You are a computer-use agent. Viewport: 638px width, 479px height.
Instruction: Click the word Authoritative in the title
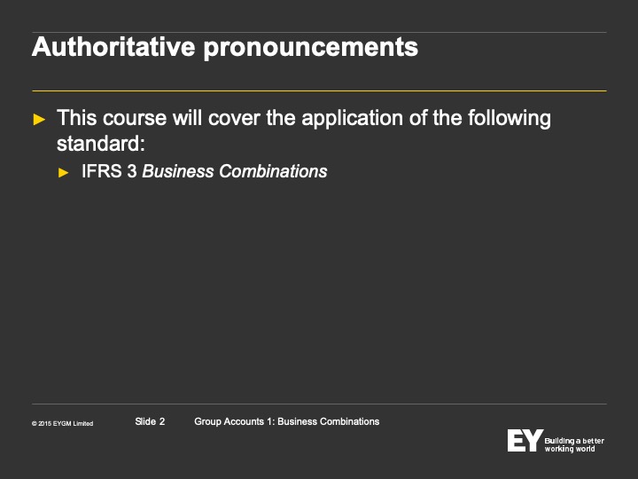[113, 47]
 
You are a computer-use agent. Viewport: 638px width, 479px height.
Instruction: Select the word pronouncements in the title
[311, 49]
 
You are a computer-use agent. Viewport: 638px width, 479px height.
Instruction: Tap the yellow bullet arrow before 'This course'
[39, 120]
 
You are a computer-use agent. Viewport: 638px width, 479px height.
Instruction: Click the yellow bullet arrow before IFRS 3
[64, 173]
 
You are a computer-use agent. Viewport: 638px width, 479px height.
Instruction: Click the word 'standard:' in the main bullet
[101, 144]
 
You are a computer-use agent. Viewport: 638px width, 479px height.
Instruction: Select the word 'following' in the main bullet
[509, 119]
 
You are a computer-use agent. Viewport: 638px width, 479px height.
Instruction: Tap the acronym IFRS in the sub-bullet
[102, 171]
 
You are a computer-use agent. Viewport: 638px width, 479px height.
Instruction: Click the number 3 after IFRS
[132, 171]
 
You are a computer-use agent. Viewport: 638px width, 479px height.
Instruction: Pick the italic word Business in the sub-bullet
[178, 171]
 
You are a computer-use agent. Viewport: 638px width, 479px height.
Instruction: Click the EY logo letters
[525, 440]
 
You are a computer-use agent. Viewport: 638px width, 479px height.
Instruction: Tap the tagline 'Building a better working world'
[574, 444]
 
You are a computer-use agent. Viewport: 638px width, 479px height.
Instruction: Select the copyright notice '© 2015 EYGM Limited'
[62, 424]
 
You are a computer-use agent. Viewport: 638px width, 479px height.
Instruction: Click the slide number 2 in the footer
[162, 421]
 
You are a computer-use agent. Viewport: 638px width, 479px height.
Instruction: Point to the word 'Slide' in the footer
[145, 421]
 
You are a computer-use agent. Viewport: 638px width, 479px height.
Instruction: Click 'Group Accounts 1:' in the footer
[234, 421]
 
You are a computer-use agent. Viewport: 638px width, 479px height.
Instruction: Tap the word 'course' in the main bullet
[135, 119]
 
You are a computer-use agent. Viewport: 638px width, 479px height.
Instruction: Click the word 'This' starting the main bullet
[77, 118]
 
